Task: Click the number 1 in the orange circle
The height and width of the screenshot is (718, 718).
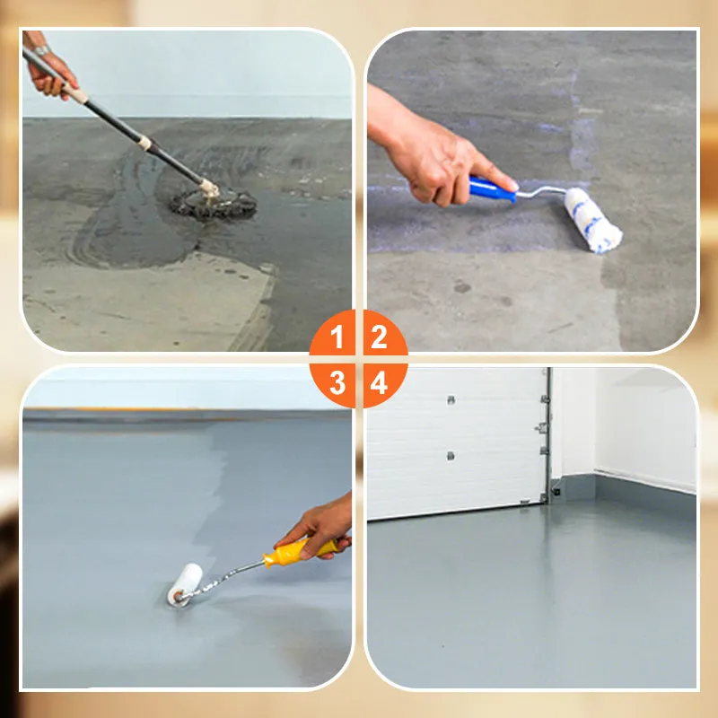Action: (337, 338)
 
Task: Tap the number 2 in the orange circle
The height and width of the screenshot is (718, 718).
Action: (380, 338)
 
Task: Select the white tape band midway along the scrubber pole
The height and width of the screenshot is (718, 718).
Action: (144, 142)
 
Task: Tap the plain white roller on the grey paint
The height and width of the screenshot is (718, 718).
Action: (186, 583)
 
